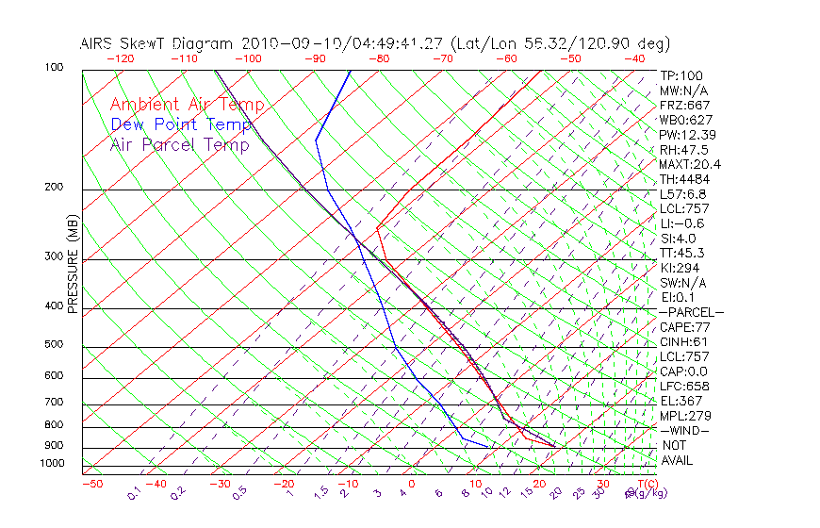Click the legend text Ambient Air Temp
coord(187,106)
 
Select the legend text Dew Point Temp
coord(181,125)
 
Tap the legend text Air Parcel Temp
coord(179,145)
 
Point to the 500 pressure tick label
coord(54,345)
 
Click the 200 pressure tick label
coord(54,188)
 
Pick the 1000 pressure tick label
coord(51,464)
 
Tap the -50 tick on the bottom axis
coord(91,485)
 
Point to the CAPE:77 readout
coord(684,327)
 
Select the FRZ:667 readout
coord(684,106)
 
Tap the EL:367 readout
coord(681,401)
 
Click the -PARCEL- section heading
coord(691,312)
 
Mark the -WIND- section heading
coord(684,430)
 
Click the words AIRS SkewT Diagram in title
coord(158,43)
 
